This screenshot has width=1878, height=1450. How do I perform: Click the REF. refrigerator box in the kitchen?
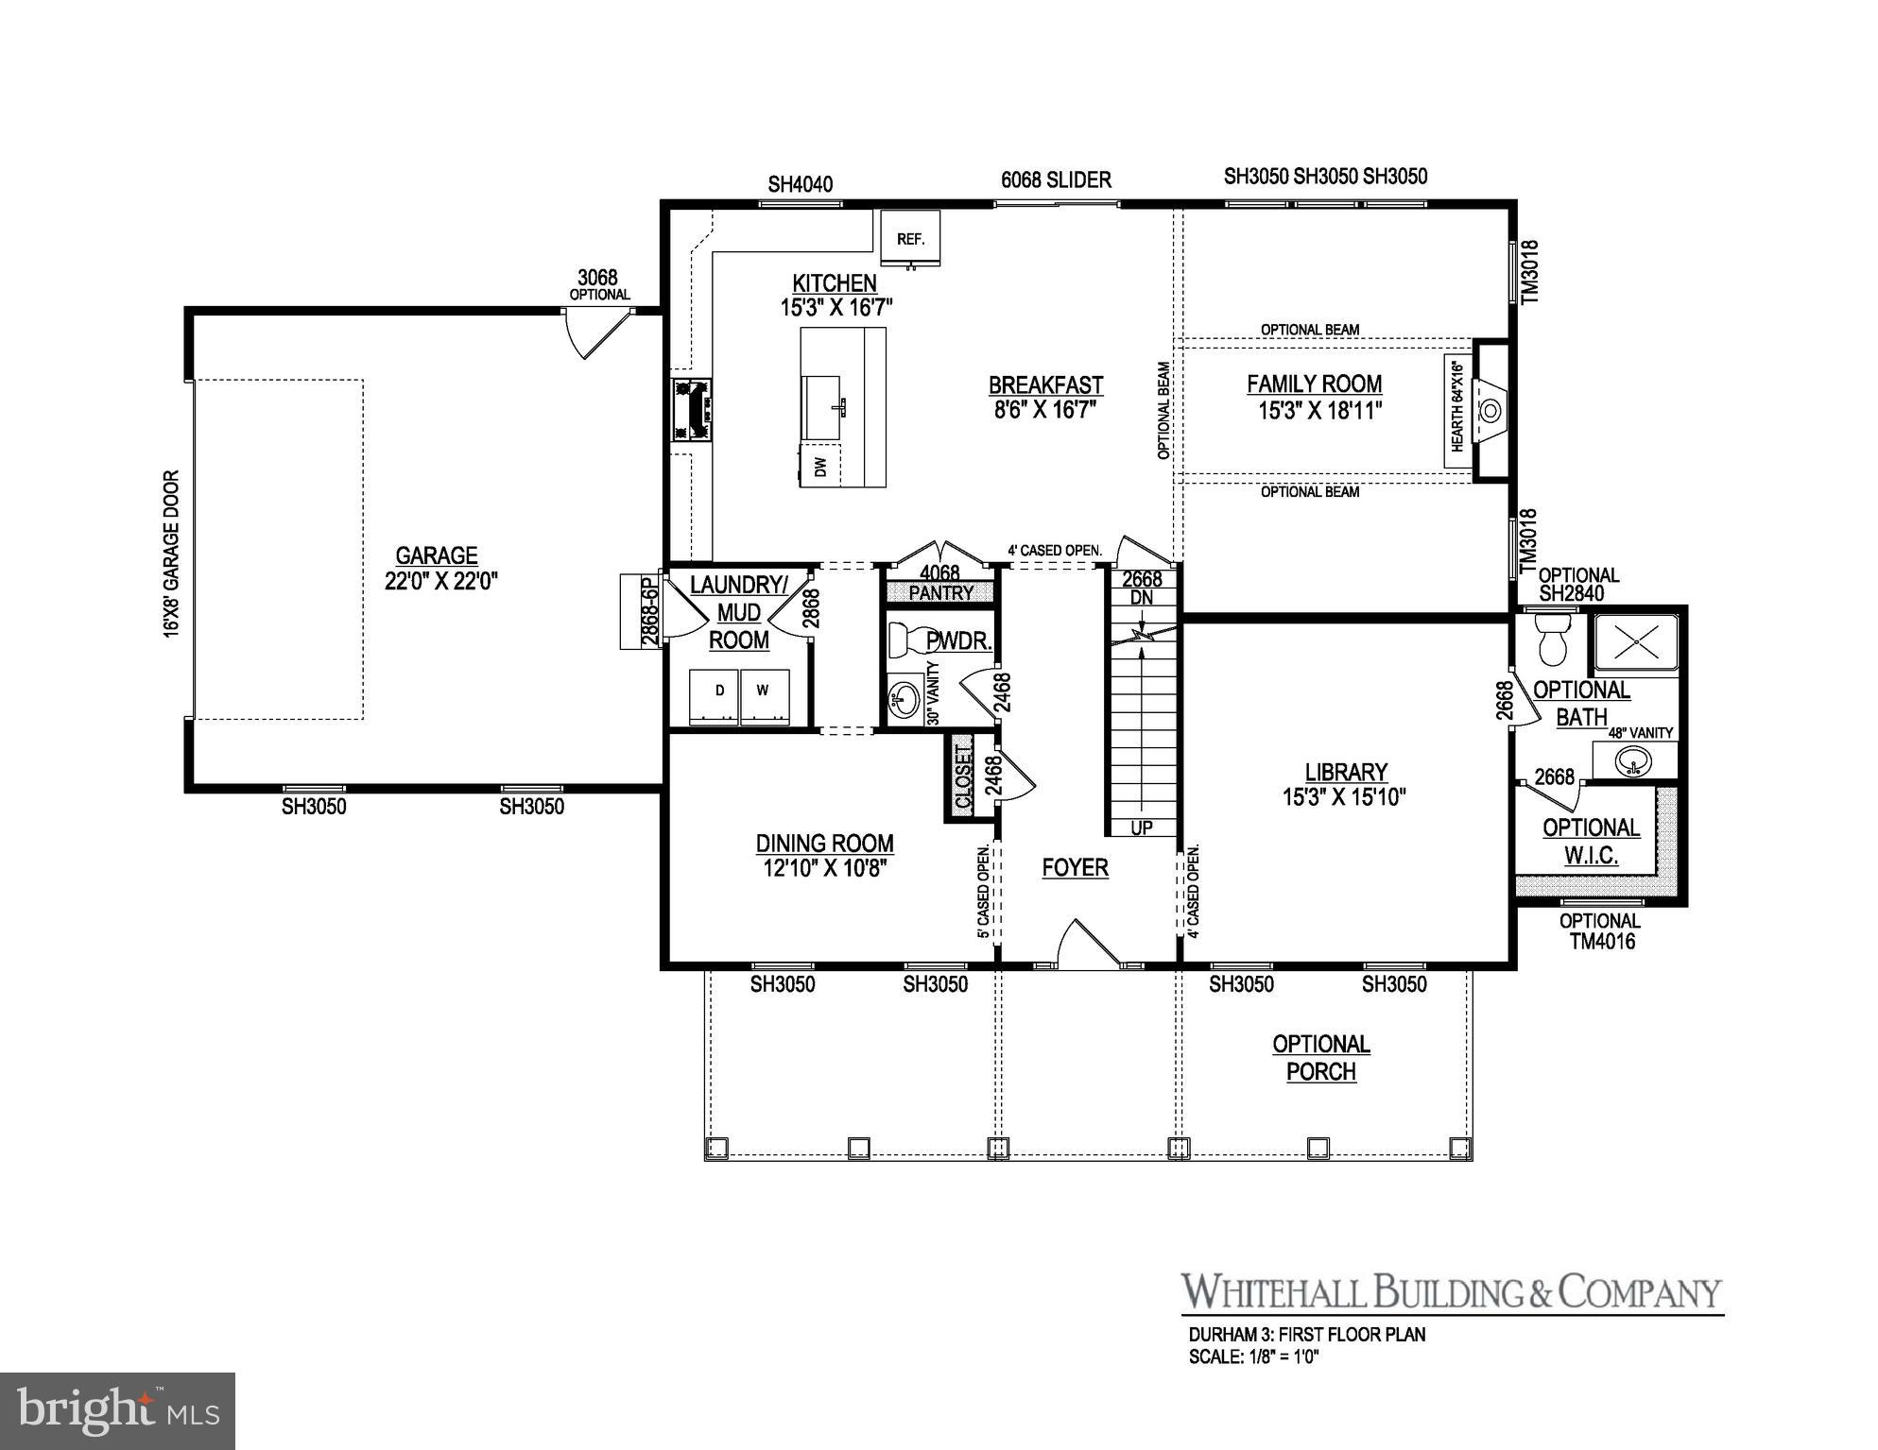click(910, 239)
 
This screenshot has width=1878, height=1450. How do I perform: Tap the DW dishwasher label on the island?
click(820, 467)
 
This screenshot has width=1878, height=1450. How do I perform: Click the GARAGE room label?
click(437, 555)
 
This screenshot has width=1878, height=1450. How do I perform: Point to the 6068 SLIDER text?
click(1056, 179)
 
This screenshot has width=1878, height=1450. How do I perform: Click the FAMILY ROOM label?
click(1314, 384)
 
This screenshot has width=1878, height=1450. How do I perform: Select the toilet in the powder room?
click(907, 640)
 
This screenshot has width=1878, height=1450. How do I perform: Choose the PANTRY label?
click(940, 593)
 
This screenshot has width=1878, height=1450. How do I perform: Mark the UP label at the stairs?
click(1142, 828)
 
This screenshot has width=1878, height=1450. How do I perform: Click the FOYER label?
click(1075, 867)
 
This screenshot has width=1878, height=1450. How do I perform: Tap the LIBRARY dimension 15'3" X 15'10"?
click(1343, 797)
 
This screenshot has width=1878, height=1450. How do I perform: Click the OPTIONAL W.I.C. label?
click(1591, 841)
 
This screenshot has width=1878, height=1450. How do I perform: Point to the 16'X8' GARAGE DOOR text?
click(172, 554)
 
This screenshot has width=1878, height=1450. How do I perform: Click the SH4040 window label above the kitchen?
click(800, 184)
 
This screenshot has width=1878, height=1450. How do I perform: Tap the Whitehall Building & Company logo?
click(1451, 1292)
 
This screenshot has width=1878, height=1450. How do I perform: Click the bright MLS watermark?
click(117, 1410)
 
